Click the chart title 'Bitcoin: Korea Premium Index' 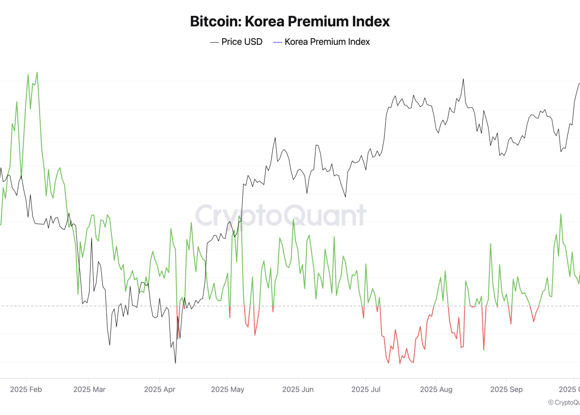290,21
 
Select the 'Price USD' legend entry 242,42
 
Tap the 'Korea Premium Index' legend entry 327,42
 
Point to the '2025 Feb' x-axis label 26,390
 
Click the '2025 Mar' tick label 89,390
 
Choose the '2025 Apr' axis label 160,390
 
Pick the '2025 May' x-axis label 227,390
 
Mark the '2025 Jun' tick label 298,390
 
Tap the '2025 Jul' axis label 366,390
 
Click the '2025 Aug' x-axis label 436,390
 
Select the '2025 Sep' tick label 506,390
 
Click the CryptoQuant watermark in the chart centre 281,215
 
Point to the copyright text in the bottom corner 564,402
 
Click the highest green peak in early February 37,72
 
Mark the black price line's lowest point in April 176,363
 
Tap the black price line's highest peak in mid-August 463,79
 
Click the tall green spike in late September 561,214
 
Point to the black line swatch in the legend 215,42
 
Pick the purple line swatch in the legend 278,42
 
